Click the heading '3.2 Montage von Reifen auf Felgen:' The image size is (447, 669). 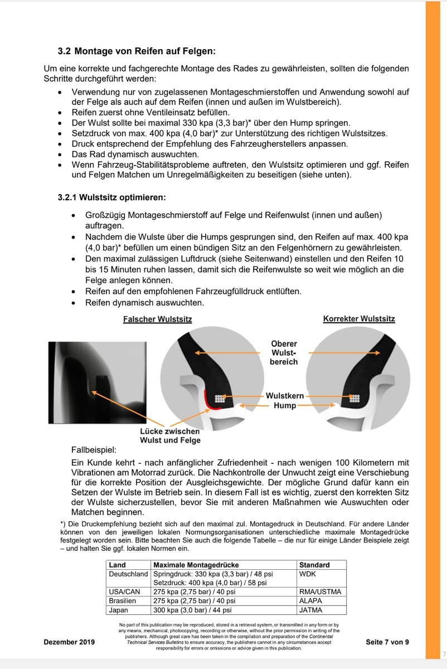coord(137,51)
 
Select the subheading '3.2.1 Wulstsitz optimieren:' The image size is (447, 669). coord(111,197)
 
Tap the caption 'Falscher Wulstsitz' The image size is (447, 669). coord(157,319)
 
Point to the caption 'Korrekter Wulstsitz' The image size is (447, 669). coord(359,319)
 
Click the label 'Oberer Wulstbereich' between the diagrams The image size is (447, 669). coord(284,352)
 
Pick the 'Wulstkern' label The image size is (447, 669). coord(284,396)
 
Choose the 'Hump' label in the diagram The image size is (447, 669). coord(284,405)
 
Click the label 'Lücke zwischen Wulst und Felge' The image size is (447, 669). coord(170,435)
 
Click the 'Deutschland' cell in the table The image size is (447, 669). coord(128,574)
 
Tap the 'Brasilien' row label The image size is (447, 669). coord(122,601)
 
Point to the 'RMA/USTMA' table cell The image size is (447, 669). coord(320,592)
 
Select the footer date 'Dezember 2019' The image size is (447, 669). coord(69,642)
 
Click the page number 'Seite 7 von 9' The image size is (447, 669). coord(387,642)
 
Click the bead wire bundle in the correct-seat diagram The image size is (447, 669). coord(355,398)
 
